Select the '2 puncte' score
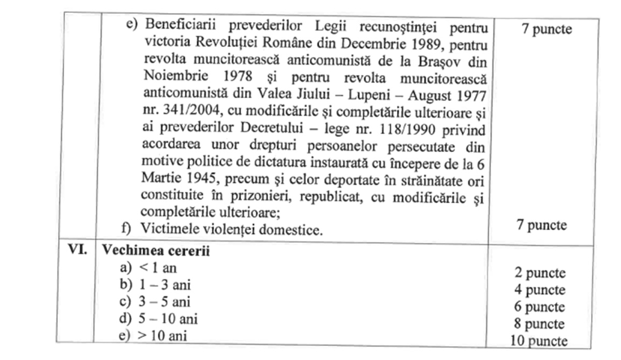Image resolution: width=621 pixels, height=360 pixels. [540, 273]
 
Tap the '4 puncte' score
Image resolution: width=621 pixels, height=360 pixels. [540, 290]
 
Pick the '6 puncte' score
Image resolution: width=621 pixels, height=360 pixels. [539, 307]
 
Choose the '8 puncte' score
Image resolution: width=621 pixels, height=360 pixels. [539, 324]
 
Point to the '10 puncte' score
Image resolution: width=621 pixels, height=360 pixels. [538, 341]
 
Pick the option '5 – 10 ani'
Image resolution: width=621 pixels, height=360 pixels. [168, 319]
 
